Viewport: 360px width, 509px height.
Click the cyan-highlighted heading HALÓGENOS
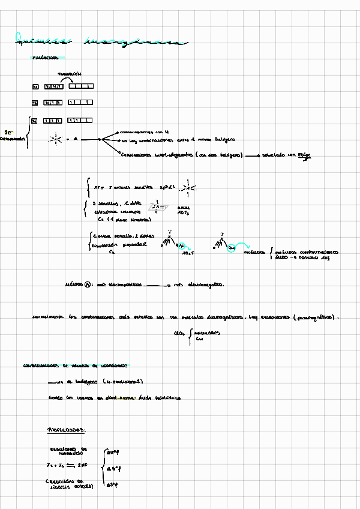(x=45, y=59)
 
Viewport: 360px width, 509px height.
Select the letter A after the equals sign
(x=76, y=139)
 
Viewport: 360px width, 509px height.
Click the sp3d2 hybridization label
(x=169, y=187)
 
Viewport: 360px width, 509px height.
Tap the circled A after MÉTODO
(x=88, y=285)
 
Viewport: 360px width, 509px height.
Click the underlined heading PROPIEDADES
(x=67, y=430)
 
